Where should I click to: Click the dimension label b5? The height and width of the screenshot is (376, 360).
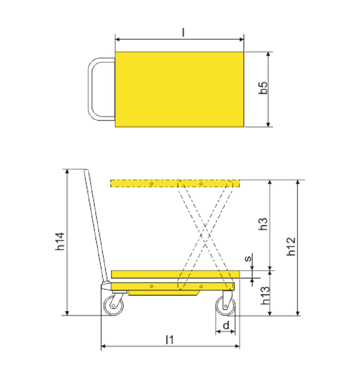pos(263,88)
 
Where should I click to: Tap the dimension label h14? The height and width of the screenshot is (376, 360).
pos(60,241)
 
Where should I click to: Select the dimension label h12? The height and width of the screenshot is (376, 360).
pos(291,246)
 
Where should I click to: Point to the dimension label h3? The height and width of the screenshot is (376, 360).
pos(263,224)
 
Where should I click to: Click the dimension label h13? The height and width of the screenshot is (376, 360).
pos(265,296)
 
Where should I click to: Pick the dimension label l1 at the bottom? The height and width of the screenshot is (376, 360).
pos(169,340)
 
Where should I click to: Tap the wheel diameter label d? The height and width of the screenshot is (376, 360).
pos(226,325)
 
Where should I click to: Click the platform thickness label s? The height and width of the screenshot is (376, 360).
pos(248,258)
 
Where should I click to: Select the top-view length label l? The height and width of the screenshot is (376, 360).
pos(183,32)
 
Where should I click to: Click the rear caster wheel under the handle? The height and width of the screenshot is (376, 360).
pos(114,305)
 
